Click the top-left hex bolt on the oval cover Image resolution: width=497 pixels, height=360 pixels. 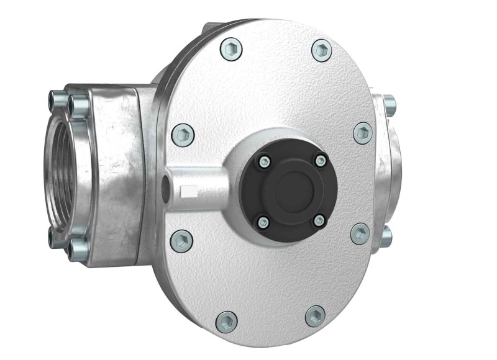tap(231, 48)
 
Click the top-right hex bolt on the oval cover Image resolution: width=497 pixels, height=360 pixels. tap(322, 50)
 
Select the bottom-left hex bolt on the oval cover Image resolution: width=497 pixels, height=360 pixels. tap(227, 321)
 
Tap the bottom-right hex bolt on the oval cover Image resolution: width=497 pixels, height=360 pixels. tap(316, 316)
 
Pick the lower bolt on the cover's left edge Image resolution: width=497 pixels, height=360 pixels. tap(181, 240)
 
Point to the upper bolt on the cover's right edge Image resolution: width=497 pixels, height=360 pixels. tap(363, 132)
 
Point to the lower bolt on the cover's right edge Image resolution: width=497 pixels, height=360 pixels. tap(360, 233)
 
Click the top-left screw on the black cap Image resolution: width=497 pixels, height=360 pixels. tap(264, 161)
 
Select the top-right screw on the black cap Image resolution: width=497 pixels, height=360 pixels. tap(320, 161)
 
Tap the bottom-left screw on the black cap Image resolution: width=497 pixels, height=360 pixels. tap(263, 221)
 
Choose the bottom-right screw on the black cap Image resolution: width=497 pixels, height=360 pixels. tap(319, 220)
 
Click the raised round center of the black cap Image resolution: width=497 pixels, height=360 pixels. tap(292, 189)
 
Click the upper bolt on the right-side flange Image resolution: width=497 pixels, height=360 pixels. tap(389, 102)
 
